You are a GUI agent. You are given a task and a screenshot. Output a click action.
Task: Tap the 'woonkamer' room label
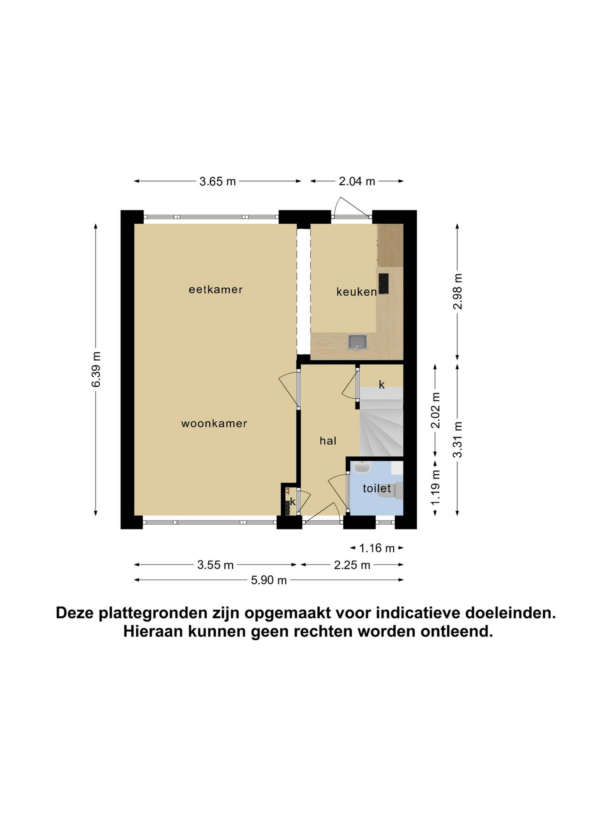[214, 423]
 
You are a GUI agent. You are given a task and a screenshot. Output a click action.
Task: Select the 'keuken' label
[356, 292]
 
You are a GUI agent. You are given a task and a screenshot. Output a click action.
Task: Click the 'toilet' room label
[377, 488]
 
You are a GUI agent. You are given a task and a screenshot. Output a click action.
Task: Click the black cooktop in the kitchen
[383, 283]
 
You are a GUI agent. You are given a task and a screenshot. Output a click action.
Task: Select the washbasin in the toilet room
[362, 467]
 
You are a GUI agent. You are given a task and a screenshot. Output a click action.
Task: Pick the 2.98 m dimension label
[457, 291]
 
